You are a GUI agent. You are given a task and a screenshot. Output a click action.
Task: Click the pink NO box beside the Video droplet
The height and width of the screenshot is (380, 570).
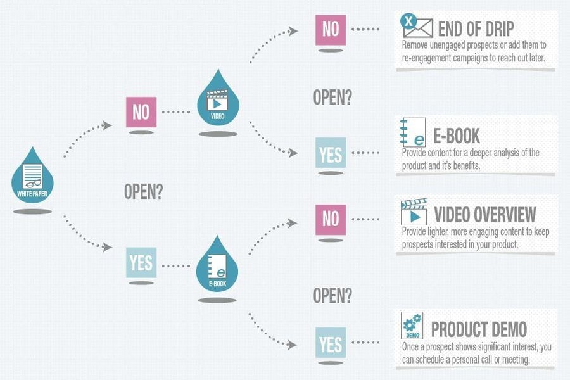pos(141,112)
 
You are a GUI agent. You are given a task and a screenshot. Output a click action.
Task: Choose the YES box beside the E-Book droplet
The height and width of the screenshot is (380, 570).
pos(141,263)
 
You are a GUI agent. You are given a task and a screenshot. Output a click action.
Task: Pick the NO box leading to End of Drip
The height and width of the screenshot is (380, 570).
pos(331,30)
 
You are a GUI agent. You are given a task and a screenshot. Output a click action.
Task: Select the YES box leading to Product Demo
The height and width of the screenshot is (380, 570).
pos(331,343)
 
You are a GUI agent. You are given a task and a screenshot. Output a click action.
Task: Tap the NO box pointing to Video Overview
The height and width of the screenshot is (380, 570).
pos(331,220)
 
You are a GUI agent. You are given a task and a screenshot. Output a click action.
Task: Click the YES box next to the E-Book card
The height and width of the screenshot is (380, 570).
pos(331,153)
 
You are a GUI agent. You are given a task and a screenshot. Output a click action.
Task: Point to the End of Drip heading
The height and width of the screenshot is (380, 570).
pos(476,29)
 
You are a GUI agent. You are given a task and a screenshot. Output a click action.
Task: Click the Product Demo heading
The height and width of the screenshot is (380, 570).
pos(479,329)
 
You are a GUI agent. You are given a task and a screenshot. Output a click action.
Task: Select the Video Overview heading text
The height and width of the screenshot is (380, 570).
pos(485,215)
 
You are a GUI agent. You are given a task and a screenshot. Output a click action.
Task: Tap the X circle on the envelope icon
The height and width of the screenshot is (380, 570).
pos(408,21)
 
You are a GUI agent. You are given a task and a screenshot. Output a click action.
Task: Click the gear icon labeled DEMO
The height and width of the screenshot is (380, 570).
pos(412,325)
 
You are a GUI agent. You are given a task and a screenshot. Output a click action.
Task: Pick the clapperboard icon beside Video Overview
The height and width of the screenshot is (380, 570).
pos(414,212)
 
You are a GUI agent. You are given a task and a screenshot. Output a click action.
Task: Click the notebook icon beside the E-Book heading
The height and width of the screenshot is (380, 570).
pos(413,132)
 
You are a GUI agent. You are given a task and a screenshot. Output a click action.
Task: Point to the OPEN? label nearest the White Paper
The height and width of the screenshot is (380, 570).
pos(144,191)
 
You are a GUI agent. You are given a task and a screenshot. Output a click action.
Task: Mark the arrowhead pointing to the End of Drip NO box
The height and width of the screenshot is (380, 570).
pos(293,31)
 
